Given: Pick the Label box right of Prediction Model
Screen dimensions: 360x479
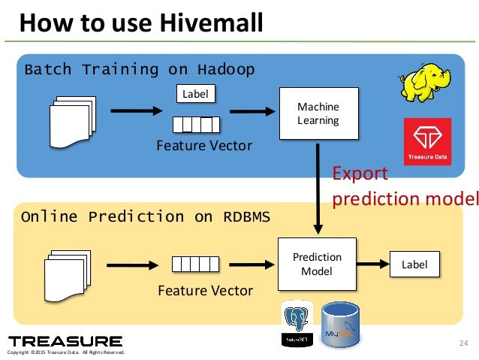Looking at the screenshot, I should (x=414, y=264).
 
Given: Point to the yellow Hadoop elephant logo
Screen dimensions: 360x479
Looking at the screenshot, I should (x=424, y=82).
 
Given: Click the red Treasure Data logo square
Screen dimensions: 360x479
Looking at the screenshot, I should (x=426, y=141).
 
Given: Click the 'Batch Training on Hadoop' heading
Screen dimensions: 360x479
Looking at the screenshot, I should (x=140, y=70).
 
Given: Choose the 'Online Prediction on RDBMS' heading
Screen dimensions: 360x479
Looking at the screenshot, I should (x=146, y=217).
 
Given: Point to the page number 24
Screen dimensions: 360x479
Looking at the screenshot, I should (x=462, y=344).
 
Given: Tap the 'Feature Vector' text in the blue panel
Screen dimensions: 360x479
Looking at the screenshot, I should (x=204, y=144).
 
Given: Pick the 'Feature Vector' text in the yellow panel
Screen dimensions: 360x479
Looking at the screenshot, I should (x=205, y=290).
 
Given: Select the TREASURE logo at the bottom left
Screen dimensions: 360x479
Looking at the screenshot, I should (x=65, y=341).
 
